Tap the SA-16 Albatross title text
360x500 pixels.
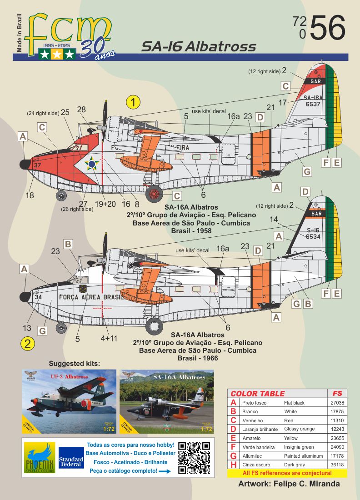click(198, 46)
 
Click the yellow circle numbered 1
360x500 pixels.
click(133, 102)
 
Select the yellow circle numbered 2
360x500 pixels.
click(28, 344)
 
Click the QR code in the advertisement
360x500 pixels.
click(194, 458)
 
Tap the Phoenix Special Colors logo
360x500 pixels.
click(40, 458)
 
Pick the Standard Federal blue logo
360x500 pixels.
click(71, 458)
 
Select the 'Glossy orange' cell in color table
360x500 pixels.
click(299, 429)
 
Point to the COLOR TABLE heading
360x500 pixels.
click(257, 394)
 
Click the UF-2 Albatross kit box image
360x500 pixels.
click(68, 402)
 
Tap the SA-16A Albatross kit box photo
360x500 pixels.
click(166, 402)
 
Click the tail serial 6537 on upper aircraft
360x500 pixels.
click(313, 104)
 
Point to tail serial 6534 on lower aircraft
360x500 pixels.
click(313, 236)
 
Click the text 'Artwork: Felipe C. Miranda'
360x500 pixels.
click(289, 484)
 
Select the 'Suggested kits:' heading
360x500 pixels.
click(74, 363)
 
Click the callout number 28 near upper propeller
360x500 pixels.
click(81, 110)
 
